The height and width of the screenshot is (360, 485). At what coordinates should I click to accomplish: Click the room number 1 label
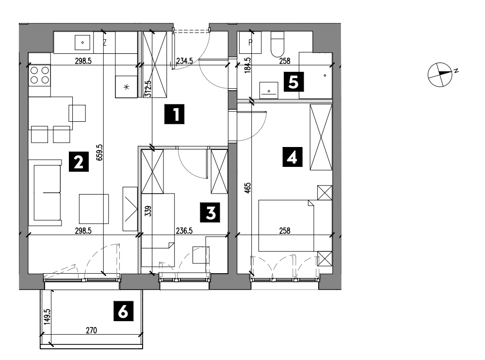click(x=174, y=114)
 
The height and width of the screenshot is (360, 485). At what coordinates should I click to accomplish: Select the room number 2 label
click(x=79, y=161)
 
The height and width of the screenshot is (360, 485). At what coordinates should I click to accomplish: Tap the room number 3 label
click(x=210, y=213)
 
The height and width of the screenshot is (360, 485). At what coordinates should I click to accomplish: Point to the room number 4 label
click(x=292, y=157)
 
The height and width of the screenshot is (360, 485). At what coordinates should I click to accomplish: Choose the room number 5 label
click(x=293, y=82)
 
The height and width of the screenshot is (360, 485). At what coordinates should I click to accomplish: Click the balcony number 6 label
click(x=123, y=311)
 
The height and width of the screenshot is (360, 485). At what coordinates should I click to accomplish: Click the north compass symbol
click(x=440, y=74)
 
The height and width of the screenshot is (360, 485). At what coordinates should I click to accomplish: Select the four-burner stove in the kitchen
click(x=40, y=75)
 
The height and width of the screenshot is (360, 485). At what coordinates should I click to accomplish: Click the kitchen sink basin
click(x=82, y=42)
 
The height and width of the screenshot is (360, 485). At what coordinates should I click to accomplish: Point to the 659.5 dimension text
click(x=99, y=152)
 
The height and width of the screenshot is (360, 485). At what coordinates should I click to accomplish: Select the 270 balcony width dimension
click(x=91, y=330)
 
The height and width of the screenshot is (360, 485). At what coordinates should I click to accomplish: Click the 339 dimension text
click(x=148, y=211)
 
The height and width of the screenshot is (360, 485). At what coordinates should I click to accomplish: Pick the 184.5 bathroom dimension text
click(x=247, y=65)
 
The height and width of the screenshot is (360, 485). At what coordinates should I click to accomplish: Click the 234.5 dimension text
click(x=184, y=61)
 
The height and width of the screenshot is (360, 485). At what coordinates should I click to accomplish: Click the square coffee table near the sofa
click(x=94, y=209)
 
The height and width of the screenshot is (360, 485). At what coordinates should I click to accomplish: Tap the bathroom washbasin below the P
click(x=269, y=90)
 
